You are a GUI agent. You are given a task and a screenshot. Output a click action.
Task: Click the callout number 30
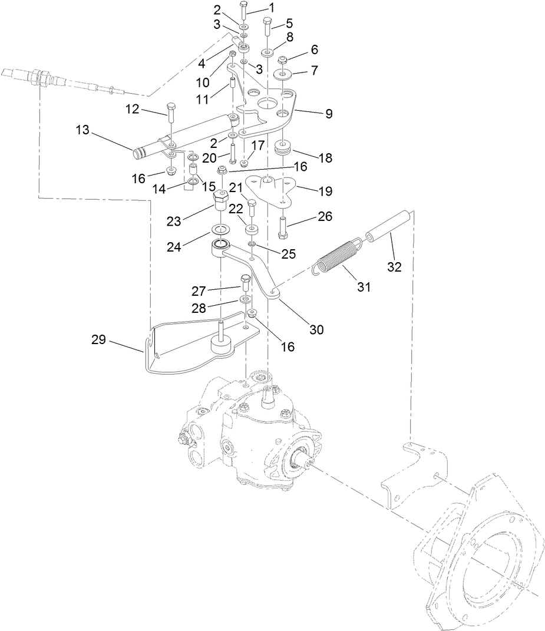click(x=316, y=330)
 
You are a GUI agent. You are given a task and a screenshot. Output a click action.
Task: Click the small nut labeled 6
click(x=282, y=59)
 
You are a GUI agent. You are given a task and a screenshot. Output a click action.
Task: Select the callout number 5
click(x=289, y=24)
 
